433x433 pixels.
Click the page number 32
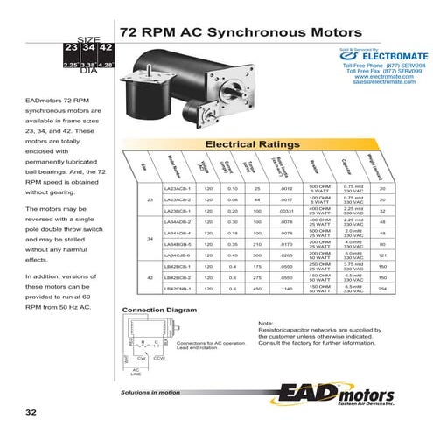tap(31, 412)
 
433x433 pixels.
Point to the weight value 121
tap(381, 255)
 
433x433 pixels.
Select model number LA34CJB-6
tap(177, 255)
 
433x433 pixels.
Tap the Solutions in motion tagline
tap(157, 393)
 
